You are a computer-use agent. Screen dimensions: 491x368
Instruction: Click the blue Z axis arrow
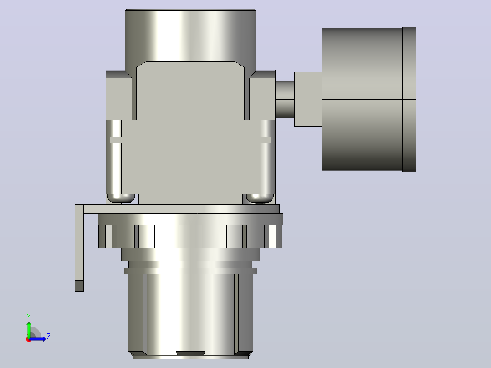coord(37,339)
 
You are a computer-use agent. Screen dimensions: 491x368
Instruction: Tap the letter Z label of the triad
coord(49,337)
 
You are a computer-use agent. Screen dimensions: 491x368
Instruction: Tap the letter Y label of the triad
coord(29,317)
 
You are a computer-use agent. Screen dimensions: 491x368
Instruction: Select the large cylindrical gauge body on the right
coord(362,99)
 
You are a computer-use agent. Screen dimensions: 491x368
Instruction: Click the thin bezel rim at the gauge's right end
coord(409,99)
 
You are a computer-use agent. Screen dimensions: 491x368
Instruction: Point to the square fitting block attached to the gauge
coord(308,99)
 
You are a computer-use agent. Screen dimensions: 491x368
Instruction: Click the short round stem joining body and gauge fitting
coord(285,99)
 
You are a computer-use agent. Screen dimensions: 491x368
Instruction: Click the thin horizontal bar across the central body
coord(190,140)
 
